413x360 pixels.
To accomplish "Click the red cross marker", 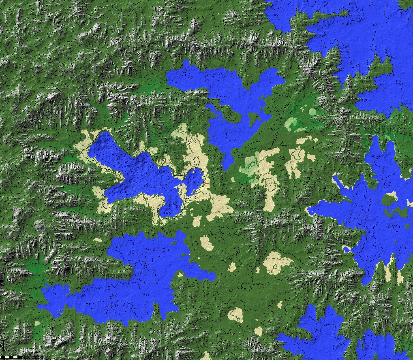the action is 207,183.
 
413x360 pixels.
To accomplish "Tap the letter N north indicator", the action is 2,345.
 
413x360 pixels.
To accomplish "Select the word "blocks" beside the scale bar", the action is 28,358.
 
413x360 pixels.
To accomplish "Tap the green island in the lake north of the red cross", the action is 254,118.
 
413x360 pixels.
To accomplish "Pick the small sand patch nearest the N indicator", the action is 37,323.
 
